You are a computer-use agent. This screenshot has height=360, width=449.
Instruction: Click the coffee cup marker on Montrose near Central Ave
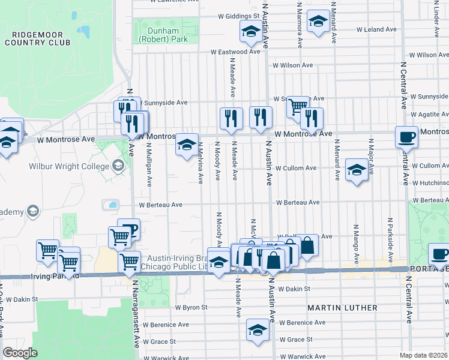[406, 137]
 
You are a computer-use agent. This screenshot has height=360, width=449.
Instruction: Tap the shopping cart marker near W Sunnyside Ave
[297, 107]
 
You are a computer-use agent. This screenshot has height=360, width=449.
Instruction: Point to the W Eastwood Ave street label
[235, 52]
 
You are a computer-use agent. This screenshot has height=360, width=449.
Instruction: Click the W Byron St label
[191, 307]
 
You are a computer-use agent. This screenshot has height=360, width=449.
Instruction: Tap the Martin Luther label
[342, 308]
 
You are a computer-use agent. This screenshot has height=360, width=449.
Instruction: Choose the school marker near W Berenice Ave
[258, 329]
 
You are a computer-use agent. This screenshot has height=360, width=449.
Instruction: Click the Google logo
[20, 352]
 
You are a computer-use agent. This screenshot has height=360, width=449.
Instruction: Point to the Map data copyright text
[423, 355]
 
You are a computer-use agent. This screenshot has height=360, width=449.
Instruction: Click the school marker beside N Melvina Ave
[187, 144]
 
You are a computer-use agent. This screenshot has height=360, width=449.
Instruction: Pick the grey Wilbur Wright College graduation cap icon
[118, 165]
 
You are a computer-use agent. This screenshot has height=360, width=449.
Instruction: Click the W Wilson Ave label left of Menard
[293, 65]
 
